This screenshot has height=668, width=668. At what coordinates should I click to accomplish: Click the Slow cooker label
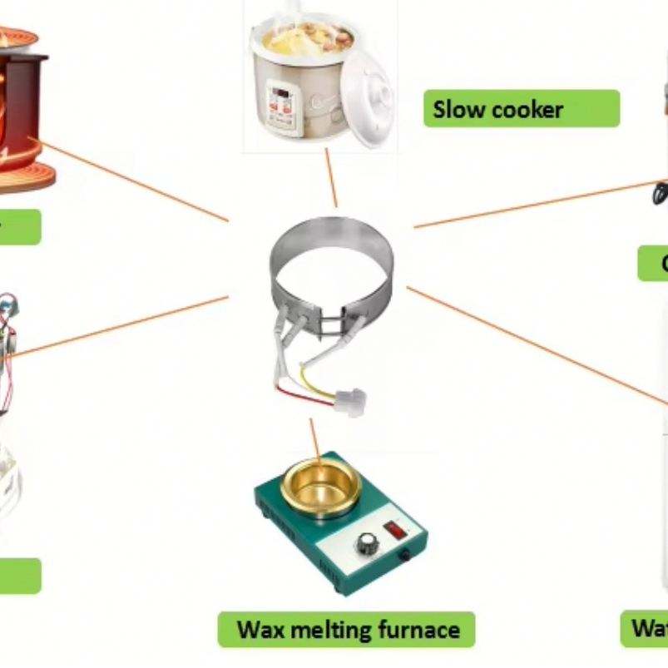pyautogui.click(x=522, y=109)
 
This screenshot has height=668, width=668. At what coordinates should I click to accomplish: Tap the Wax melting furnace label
pyautogui.click(x=347, y=629)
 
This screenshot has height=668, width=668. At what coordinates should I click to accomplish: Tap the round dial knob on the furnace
pyautogui.click(x=367, y=544)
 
